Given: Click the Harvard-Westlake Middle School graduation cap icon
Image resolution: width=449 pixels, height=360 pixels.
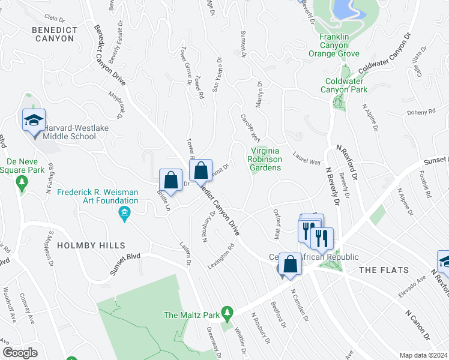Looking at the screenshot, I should click(x=34, y=121).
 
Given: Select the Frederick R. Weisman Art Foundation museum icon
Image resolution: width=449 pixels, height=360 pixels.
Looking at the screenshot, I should click(x=124, y=213).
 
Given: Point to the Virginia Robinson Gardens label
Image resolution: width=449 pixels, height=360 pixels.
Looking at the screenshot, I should click(x=265, y=159).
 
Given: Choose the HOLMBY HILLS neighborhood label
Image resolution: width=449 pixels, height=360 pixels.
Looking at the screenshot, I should click(x=91, y=245).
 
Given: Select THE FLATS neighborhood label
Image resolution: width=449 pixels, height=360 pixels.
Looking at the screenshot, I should click(x=384, y=271).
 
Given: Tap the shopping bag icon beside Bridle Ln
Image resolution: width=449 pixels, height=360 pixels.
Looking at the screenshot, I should click(x=171, y=180).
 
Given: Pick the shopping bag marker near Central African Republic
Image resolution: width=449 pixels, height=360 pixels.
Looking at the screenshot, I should click(x=290, y=264).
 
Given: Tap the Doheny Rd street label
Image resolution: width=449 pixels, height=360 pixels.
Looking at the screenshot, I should click(x=423, y=112).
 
